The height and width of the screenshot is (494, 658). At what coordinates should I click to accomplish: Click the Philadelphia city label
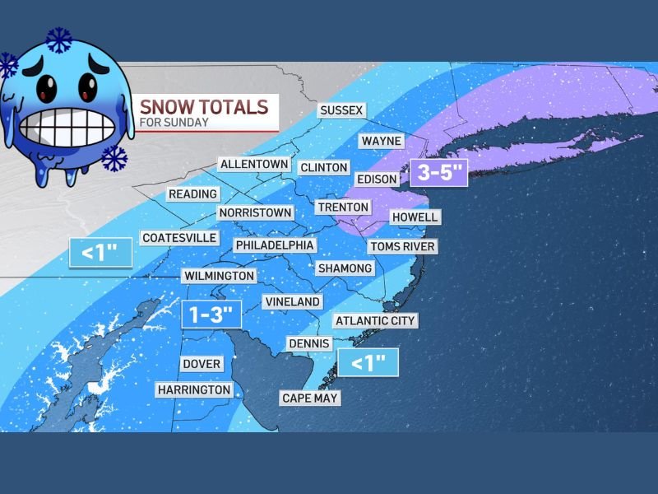coord(275,245)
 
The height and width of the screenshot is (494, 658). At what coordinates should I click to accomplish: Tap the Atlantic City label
coord(376,320)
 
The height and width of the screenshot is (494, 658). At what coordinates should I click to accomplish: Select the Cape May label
coord(310,398)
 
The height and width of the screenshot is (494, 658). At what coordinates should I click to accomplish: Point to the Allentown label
coord(254,164)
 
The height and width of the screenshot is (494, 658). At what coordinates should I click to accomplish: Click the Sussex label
coord(341,110)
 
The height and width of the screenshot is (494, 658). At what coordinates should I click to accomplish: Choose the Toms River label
coord(402,246)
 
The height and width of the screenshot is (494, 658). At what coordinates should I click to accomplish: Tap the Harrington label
coord(195,389)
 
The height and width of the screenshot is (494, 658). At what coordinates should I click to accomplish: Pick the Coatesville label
coord(179,237)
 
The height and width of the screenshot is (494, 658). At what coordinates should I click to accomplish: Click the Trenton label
coord(343,207)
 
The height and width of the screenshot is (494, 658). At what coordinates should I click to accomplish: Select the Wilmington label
coord(219,275)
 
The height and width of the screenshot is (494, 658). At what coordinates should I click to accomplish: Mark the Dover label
coord(202,363)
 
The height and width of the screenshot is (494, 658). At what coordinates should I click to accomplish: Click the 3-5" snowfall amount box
coord(442,174)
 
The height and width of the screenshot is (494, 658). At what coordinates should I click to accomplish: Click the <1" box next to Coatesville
coord(100,252)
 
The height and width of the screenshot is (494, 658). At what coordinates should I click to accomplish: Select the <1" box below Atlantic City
coord(368,362)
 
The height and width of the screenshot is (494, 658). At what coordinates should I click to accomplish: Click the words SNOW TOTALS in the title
coord(204,107)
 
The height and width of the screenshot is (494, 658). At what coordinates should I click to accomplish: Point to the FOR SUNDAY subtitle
coord(174,123)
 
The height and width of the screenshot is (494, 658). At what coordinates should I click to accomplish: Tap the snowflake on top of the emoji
coord(58,39)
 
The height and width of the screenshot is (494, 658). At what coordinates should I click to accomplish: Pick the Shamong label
coord(345,268)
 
